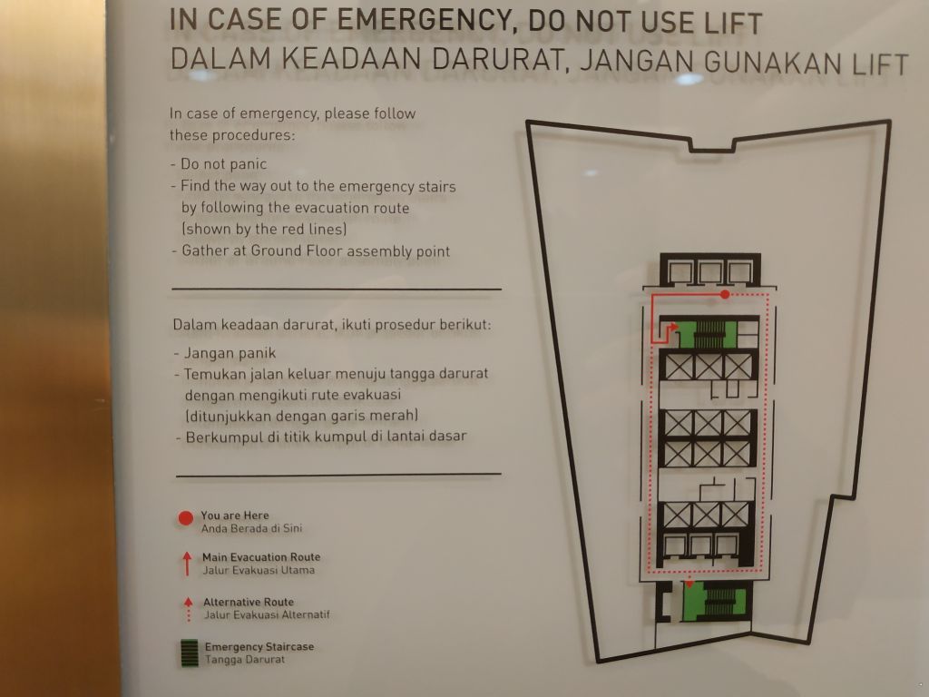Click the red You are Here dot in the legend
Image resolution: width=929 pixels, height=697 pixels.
(x=185, y=518)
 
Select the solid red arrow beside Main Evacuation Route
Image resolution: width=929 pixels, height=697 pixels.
(x=187, y=564)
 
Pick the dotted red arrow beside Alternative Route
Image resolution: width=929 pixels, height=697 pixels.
(x=189, y=609)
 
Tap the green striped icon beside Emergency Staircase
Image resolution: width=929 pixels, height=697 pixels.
(x=190, y=653)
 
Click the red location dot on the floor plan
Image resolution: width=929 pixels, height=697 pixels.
(x=725, y=294)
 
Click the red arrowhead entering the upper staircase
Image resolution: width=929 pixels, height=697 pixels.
(x=674, y=327)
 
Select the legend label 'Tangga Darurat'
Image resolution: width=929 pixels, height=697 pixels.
(x=245, y=659)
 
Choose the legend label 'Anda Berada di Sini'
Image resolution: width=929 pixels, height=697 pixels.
(x=251, y=528)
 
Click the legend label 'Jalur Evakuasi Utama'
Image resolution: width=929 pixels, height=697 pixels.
(x=259, y=570)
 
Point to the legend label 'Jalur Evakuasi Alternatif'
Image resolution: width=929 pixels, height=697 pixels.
(x=267, y=614)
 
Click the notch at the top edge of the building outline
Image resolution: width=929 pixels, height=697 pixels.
(x=713, y=145)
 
